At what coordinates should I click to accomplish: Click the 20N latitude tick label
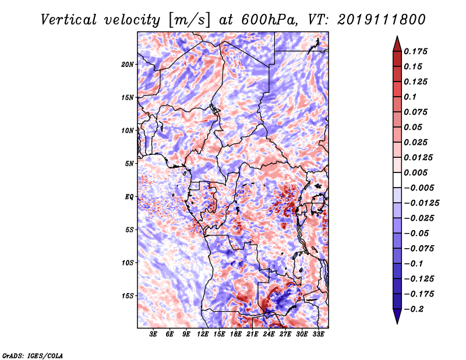(128, 65)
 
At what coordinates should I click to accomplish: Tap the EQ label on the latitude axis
(129, 197)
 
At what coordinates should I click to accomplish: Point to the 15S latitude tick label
(128, 296)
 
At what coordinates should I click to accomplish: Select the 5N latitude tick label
(129, 164)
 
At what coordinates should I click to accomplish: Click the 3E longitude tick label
(153, 334)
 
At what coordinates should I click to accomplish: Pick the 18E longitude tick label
(236, 334)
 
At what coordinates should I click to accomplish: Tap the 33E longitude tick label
(318, 334)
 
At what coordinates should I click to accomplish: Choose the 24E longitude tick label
(269, 334)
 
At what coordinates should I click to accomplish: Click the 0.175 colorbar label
(415, 51)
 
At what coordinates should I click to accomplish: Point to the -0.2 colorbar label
(414, 309)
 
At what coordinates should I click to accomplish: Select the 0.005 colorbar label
(415, 172)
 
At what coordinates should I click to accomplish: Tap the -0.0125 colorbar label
(421, 203)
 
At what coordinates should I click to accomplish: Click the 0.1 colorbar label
(410, 97)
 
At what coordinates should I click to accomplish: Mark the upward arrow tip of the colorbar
(397, 36)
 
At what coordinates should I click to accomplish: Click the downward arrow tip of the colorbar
(397, 324)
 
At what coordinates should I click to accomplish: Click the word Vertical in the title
(69, 20)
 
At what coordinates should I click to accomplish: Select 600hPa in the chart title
(269, 20)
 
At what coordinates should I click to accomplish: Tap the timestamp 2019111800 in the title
(382, 20)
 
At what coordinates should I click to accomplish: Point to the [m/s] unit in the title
(189, 20)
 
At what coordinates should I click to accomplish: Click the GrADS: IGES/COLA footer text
(33, 355)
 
